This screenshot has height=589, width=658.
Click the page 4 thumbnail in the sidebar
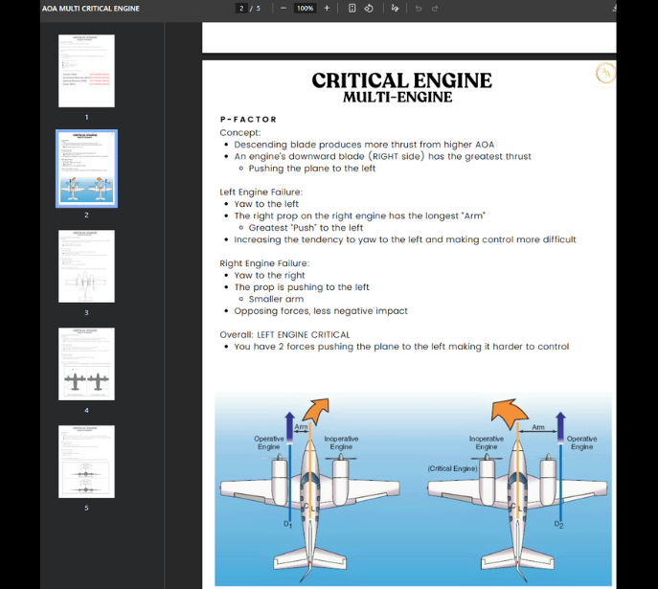point(86,362)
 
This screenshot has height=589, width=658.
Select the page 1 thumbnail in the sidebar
point(86,71)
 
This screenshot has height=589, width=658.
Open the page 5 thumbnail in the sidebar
point(86,461)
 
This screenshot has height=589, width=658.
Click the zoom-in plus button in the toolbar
point(327,8)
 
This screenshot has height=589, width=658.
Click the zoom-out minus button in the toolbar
point(284,8)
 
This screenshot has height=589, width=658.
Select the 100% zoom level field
point(305,8)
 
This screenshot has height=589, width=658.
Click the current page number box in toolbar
point(242,8)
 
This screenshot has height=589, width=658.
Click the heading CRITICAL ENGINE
point(401,80)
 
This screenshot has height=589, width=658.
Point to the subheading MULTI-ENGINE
point(397,97)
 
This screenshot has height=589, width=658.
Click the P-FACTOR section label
point(248,120)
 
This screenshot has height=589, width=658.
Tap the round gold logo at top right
point(604,74)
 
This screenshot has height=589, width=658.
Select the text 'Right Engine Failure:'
point(264,263)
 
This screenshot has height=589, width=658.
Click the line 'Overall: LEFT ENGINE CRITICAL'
point(284,334)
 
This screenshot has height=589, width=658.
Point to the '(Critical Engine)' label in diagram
point(452,468)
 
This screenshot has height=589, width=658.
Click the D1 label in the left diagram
point(287,525)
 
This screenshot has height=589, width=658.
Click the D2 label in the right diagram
point(559,525)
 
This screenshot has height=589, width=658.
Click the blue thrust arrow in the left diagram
point(288,431)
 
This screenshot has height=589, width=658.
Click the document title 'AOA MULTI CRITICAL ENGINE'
point(91,8)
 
